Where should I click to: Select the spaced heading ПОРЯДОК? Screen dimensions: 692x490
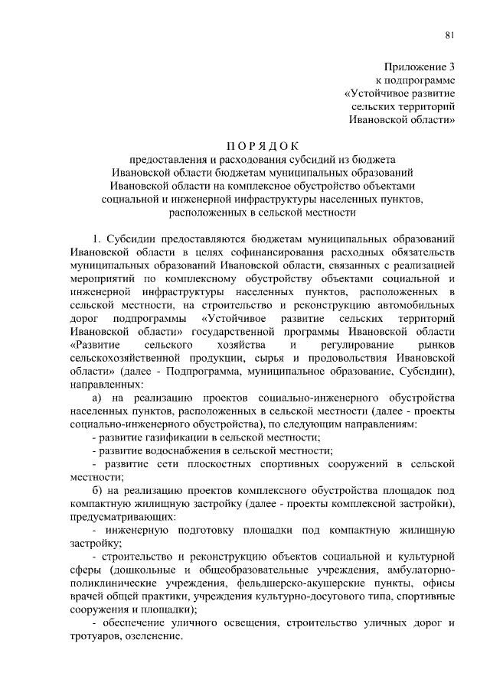tap(263, 146)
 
